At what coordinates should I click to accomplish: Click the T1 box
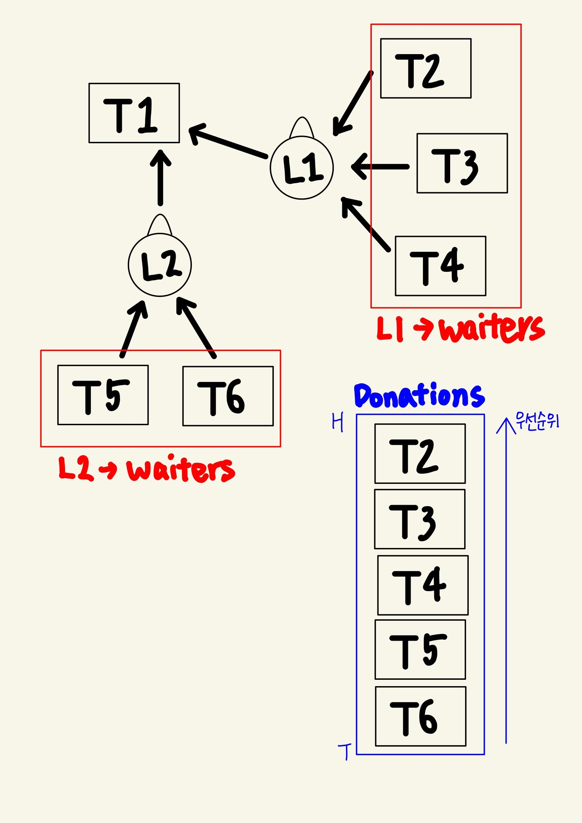134,113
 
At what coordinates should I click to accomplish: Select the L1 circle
301,167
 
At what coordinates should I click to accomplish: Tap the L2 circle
160,265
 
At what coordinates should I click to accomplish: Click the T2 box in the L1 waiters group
426,68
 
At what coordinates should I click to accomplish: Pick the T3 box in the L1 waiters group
462,163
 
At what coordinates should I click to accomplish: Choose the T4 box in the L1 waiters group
440,266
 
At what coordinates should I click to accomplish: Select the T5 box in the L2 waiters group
103,395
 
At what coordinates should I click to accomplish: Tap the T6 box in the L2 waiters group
228,396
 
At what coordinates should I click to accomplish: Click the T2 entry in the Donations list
420,454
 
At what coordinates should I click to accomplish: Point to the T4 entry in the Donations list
422,585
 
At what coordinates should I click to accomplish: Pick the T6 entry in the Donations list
421,716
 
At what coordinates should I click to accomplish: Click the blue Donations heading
419,396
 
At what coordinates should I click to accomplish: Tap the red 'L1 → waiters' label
460,328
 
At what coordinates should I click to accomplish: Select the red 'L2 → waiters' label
146,469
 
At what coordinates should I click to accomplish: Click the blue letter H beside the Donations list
337,422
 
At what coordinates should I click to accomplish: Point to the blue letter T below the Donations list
345,752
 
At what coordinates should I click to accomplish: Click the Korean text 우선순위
537,421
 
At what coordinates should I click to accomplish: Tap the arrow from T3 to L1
381,167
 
